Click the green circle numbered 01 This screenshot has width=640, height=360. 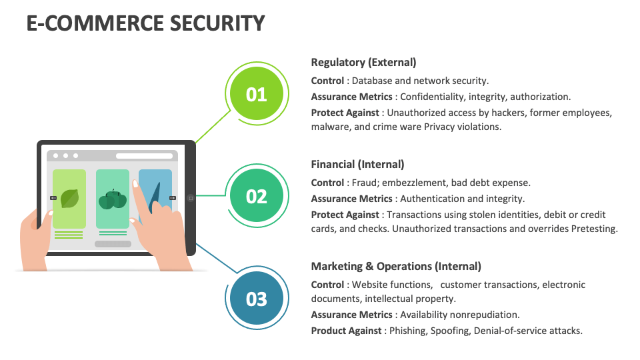point(257,95)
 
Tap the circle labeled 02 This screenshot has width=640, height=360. point(257,197)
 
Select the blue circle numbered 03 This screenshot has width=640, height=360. point(257,299)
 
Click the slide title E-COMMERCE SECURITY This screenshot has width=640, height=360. point(145,23)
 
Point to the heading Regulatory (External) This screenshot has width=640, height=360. point(363,62)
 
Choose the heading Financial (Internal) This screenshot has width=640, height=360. point(357,164)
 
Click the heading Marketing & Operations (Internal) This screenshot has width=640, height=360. point(396,266)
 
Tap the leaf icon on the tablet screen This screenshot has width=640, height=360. point(69,199)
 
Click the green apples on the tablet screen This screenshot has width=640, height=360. point(112,199)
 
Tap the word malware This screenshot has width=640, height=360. point(329,127)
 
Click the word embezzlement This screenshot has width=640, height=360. point(416,183)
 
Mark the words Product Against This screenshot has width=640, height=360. point(346,330)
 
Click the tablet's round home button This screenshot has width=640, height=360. point(190,198)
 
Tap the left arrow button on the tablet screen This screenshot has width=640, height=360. point(53,198)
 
